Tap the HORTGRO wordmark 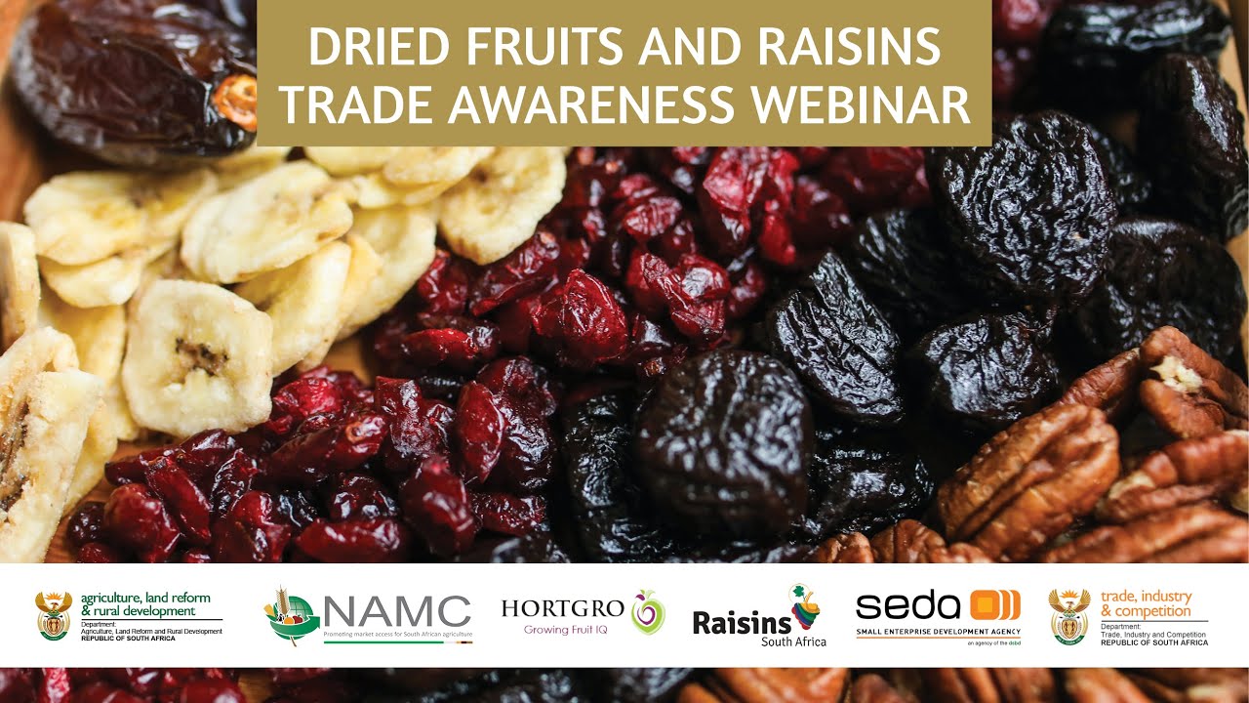(563, 608)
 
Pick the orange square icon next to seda (995, 605)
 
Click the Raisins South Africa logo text (742, 623)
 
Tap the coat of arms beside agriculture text (54, 615)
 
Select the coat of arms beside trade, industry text (1068, 615)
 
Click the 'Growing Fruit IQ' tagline (566, 630)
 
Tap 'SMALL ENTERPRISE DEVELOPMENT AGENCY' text (938, 632)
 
